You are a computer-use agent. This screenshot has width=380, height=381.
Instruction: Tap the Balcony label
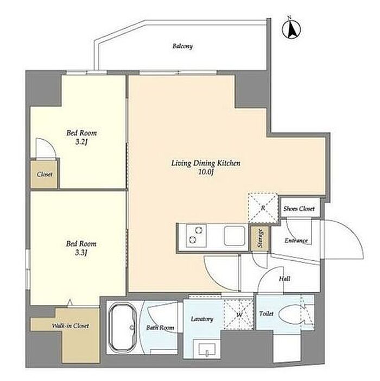[x=182, y=46]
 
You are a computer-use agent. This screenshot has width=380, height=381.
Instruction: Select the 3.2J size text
[x=81, y=142]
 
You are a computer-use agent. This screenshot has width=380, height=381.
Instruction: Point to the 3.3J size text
[x=81, y=253]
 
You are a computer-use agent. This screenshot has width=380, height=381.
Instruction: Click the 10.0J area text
[x=206, y=172]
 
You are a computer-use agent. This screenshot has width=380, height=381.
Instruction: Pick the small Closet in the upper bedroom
[x=44, y=174]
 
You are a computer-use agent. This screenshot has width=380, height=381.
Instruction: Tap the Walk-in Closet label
[x=71, y=326]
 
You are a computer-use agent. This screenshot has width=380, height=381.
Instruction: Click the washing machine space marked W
[x=238, y=315]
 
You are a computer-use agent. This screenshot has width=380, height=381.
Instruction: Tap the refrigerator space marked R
[x=263, y=208]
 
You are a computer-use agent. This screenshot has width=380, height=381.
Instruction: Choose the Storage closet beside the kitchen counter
[x=260, y=239]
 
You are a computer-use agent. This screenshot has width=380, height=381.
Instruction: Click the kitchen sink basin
[x=235, y=236]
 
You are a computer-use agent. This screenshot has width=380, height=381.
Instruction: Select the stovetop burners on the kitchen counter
[x=196, y=235]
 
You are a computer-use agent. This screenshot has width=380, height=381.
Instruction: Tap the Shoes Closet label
[x=299, y=209]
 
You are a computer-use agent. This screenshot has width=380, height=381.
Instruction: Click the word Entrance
[x=296, y=241]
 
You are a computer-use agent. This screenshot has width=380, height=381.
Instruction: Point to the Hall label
[x=284, y=279]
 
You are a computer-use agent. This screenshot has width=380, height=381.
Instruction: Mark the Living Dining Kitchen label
[x=206, y=163]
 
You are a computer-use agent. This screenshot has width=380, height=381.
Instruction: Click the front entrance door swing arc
[x=356, y=234]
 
